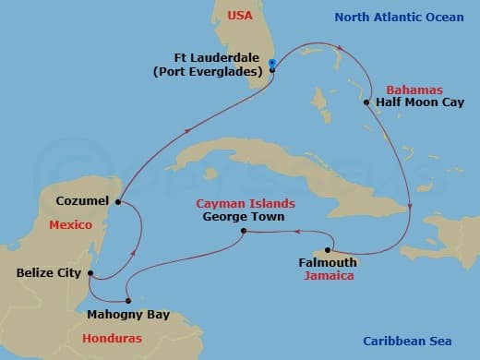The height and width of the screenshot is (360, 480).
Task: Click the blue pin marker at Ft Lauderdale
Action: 271,65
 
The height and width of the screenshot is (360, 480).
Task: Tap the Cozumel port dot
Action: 118,201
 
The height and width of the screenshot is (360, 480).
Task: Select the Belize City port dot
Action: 90,272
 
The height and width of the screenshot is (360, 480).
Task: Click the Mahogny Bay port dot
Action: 128,300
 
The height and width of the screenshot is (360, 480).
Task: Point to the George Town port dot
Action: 243,231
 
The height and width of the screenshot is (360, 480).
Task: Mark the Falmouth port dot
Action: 328,250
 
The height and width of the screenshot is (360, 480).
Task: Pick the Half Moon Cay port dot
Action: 366,102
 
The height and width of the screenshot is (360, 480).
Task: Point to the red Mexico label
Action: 69,224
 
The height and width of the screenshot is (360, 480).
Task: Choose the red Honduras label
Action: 113,338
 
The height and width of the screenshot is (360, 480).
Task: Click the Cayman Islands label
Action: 246,203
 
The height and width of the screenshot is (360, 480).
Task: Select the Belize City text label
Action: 49,273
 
